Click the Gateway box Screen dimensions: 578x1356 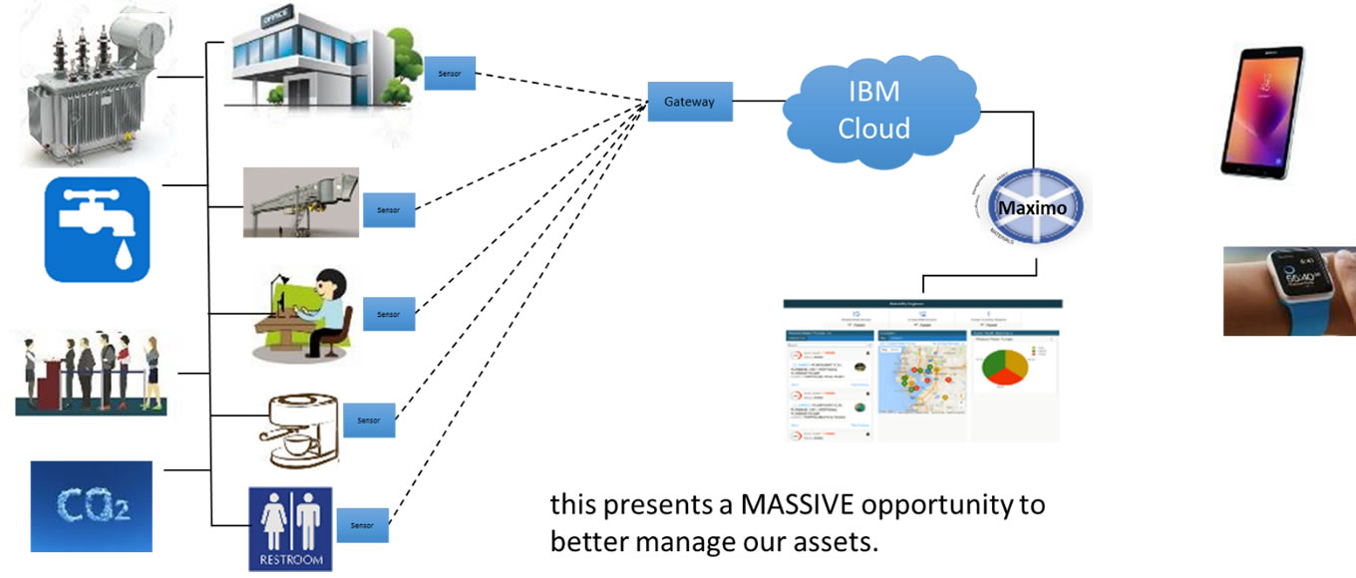tap(690, 102)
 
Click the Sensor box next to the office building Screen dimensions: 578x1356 tap(450, 74)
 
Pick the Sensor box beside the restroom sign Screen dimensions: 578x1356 tap(361, 523)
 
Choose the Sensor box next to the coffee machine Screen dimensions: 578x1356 tap(369, 420)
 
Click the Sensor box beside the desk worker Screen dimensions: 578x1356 tap(389, 313)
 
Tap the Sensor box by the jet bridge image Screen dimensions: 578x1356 tap(389, 209)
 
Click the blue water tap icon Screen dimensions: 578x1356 tap(97, 230)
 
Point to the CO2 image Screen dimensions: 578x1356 tap(91, 506)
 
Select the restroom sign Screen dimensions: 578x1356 tap(290, 528)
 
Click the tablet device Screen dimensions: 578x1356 tap(1262, 112)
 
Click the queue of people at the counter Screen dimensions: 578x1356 tap(92, 374)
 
